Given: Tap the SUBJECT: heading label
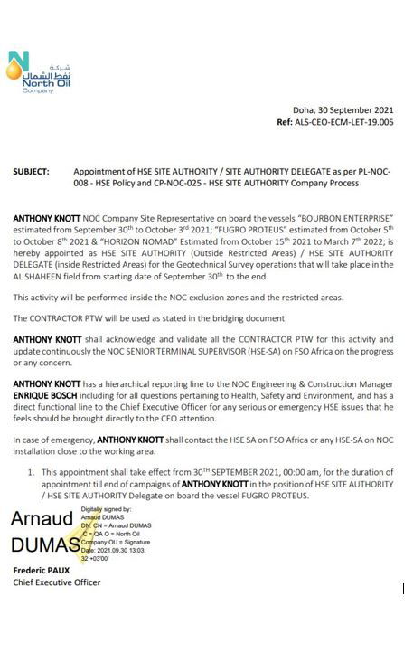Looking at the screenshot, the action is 31,171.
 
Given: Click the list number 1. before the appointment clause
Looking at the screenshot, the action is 31,472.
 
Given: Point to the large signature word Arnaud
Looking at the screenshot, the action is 42,520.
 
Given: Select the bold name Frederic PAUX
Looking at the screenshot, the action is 42,572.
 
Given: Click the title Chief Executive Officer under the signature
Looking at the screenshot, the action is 56,583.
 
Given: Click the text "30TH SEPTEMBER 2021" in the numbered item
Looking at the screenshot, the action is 211,472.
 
